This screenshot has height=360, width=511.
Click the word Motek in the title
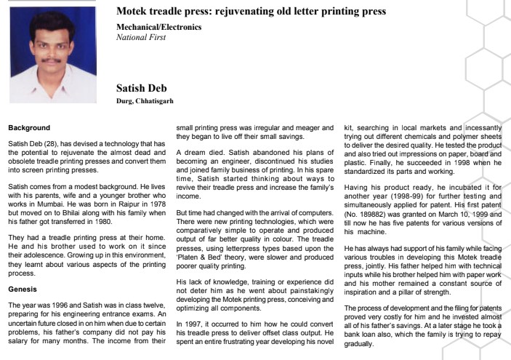pos(133,12)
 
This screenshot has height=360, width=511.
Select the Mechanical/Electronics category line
pos(159,27)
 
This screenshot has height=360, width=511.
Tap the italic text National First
pos(141,36)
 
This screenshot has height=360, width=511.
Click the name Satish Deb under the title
pos(142,89)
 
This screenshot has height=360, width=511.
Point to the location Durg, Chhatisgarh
pos(145,101)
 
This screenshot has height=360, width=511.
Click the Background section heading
pos(29,127)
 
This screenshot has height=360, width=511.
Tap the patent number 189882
pos(372,216)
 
